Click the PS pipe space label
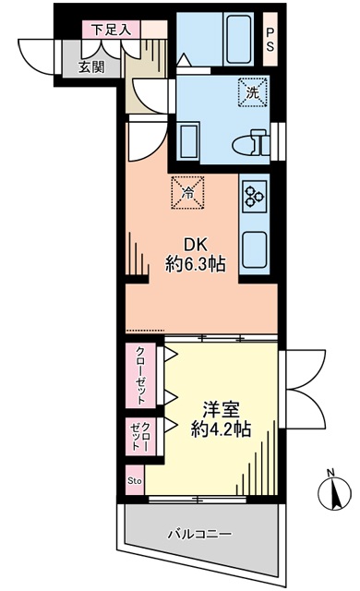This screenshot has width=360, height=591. [x=270, y=39]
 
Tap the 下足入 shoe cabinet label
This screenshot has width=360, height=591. [x=112, y=30]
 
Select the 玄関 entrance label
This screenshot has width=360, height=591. [x=91, y=67]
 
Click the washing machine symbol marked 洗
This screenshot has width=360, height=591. [x=253, y=92]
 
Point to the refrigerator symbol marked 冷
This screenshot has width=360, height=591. [x=187, y=193]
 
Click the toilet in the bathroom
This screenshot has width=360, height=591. [x=251, y=142]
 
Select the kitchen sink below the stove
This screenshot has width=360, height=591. [x=256, y=249]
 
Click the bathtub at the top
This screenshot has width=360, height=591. [x=239, y=39]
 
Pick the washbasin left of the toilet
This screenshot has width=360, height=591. [x=189, y=141]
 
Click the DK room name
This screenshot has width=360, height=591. [x=195, y=246]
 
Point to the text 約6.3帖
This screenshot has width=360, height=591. [x=195, y=264]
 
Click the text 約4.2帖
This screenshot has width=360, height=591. [x=221, y=428]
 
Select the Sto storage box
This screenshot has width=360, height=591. [x=135, y=480]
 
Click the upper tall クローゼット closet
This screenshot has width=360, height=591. [x=140, y=376]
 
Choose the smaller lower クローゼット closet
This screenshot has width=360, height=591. [x=140, y=437]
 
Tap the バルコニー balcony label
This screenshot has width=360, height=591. [x=200, y=534]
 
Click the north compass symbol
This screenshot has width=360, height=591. [x=335, y=493]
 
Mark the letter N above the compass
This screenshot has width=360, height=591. [x=330, y=472]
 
